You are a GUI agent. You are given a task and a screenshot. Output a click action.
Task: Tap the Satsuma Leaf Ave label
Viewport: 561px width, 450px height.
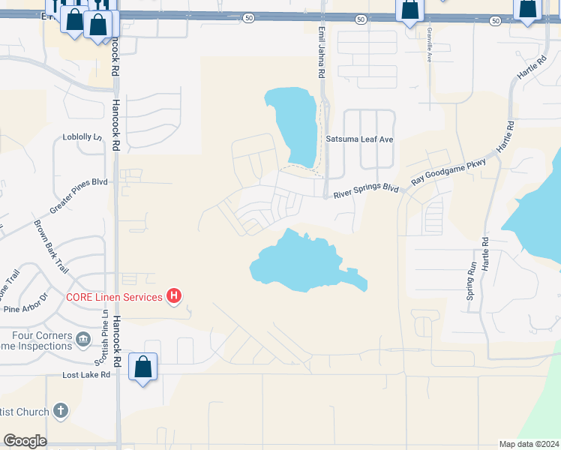tap(359, 139)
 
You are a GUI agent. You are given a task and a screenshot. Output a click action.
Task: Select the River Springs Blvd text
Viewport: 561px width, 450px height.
tap(366, 193)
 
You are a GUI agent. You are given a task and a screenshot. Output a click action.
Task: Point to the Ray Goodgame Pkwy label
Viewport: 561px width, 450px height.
tap(448, 172)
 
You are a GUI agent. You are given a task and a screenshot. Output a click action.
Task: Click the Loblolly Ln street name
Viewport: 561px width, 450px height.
tap(82, 137)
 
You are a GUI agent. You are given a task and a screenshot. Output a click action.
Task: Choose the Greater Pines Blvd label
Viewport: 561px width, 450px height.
tap(79, 182)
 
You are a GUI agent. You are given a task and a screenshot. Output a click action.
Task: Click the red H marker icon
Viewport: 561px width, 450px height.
tap(174, 296)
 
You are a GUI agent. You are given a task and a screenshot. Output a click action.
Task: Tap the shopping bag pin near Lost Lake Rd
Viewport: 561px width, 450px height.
tap(142, 368)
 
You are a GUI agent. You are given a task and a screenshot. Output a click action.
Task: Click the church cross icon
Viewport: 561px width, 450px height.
tap(61, 411)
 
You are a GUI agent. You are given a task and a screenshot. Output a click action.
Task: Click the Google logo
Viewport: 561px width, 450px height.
tap(25, 441)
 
